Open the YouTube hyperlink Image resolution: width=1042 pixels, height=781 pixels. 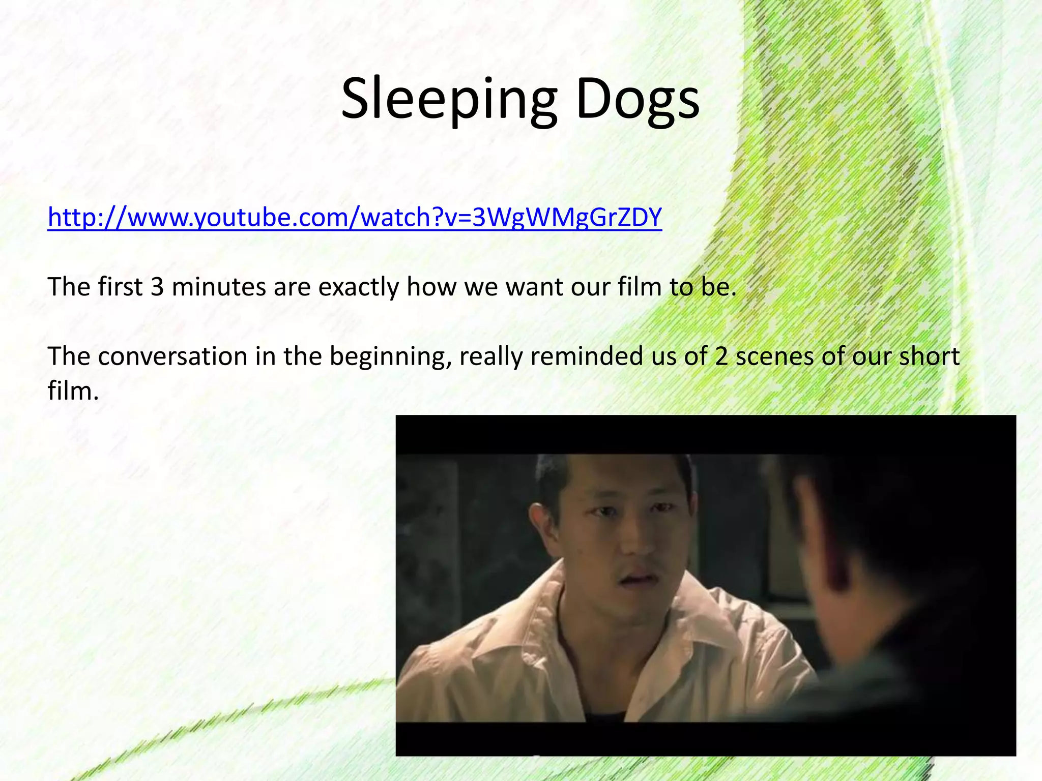pyautogui.click(x=355, y=218)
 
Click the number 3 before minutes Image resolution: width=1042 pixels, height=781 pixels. pyautogui.click(x=157, y=287)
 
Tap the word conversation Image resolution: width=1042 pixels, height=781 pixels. pyautogui.click(x=172, y=356)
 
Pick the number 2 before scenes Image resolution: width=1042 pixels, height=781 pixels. pyautogui.click(x=721, y=356)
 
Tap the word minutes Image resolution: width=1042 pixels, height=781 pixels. pyautogui.click(x=219, y=287)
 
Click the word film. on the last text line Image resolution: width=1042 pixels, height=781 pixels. pyautogui.click(x=73, y=391)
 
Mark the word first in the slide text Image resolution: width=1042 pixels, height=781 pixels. pyautogui.click(x=120, y=287)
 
